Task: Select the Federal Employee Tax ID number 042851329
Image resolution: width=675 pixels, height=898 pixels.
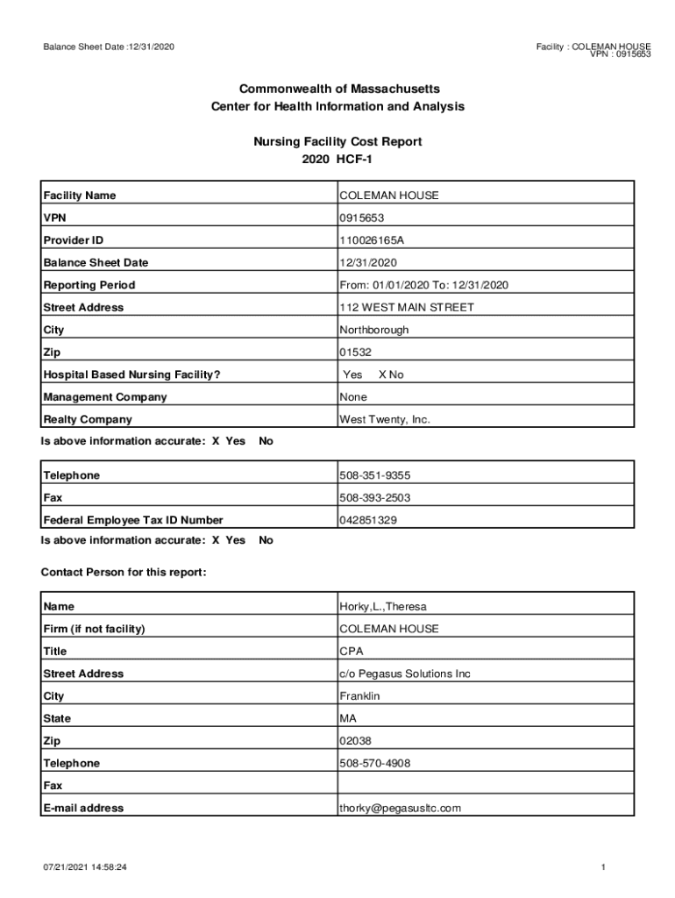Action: tap(368, 520)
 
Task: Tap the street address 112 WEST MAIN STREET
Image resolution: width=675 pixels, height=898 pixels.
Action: tap(406, 308)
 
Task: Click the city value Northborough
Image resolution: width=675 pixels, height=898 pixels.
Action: tap(373, 331)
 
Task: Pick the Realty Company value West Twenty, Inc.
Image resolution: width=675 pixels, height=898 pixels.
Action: tap(385, 420)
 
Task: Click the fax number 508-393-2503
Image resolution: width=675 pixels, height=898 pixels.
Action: tap(374, 498)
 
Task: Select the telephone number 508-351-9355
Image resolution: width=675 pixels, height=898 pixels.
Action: tap(374, 475)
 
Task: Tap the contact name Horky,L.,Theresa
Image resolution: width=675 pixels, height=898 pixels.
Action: tap(382, 607)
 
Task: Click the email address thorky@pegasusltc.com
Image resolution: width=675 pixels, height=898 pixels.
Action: tap(400, 809)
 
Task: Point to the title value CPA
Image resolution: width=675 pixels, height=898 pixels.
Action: tap(351, 652)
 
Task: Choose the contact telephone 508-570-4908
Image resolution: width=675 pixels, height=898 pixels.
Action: tap(374, 764)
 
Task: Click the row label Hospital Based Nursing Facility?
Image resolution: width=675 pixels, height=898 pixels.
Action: tap(131, 375)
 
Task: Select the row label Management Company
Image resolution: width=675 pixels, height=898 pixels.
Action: tap(105, 397)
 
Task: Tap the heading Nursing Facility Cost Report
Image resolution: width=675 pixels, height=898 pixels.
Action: tap(337, 141)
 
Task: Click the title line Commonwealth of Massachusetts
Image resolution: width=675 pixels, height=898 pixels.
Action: tap(337, 89)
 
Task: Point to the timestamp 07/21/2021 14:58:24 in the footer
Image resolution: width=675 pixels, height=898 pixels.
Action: tap(86, 867)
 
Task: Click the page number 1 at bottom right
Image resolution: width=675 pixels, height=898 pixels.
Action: tap(604, 867)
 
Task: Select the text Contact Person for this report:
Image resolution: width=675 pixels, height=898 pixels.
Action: tap(124, 573)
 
